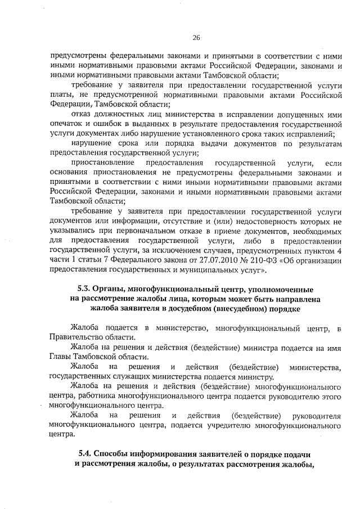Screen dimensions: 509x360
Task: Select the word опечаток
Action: (67, 124)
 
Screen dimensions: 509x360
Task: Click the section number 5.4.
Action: (85, 453)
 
